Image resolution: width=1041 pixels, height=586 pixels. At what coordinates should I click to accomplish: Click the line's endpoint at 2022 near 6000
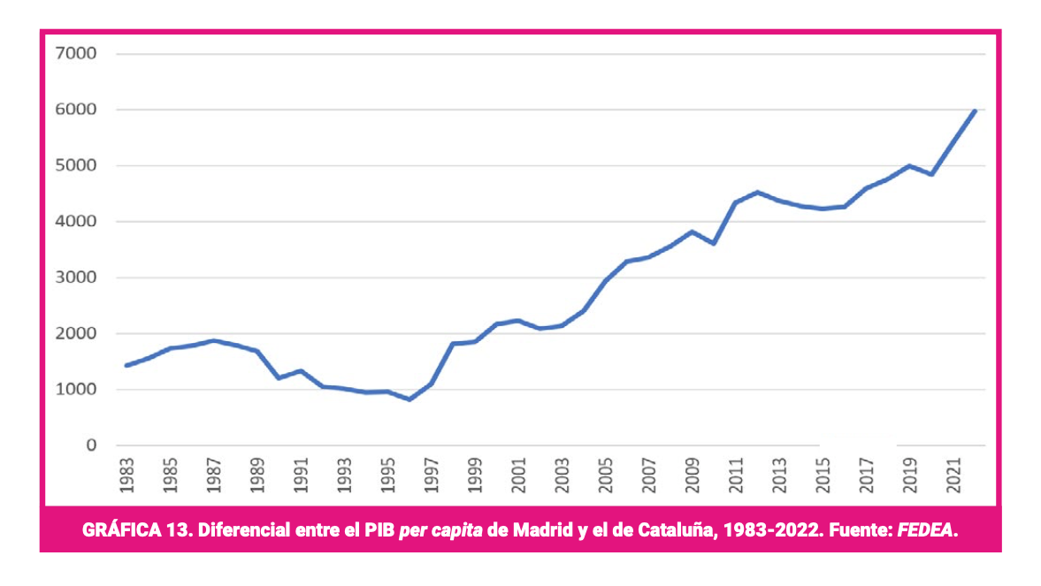tap(975, 110)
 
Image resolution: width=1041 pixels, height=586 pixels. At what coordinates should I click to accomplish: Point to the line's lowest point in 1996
tap(410, 400)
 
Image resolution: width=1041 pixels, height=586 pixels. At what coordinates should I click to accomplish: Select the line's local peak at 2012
tap(758, 192)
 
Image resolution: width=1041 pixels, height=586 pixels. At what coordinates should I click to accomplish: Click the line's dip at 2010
tap(714, 243)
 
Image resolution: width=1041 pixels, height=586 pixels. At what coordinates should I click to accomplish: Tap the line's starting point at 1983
tap(127, 365)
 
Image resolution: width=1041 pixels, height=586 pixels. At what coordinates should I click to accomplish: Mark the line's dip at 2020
tap(931, 174)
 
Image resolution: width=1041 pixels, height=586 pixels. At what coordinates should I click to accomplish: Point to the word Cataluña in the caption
tap(671, 530)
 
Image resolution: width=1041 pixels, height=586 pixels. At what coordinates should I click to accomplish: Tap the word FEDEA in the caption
tap(926, 530)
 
